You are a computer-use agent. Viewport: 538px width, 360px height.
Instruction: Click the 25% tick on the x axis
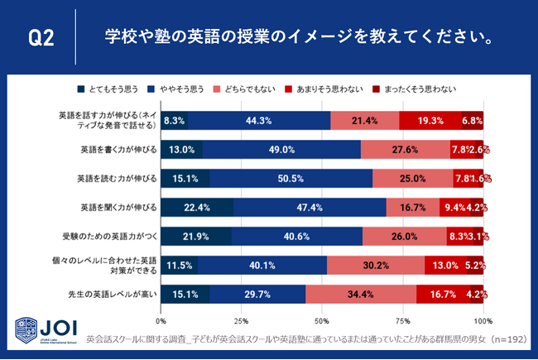[x=242, y=319]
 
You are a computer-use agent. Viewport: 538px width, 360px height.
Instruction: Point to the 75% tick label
[x=403, y=319]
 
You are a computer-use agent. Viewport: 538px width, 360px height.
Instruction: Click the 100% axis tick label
[x=483, y=319]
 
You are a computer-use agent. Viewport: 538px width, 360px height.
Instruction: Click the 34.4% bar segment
[x=361, y=294]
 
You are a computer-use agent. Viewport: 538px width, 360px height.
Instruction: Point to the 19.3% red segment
[x=430, y=120]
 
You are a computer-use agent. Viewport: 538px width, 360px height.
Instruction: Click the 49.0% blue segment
[x=281, y=149]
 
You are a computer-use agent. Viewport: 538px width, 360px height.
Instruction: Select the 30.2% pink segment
[x=376, y=265]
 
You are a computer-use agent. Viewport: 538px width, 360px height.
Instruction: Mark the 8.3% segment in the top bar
[x=175, y=120]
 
